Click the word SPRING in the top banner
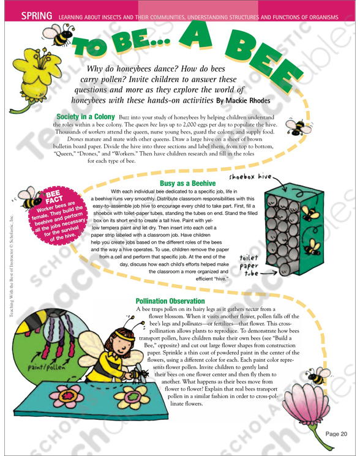tap(37, 16)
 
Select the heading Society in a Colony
tap(86, 117)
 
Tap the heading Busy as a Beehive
tap(187, 183)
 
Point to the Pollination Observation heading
tap(170, 301)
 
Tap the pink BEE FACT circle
tap(58, 215)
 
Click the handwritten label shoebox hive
tap(250, 176)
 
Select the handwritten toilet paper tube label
tap(249, 265)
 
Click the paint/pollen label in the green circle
tap(47, 367)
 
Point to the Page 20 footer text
tap(336, 434)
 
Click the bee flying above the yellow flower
tap(59, 35)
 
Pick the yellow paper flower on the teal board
tap(132, 397)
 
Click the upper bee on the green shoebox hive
tap(310, 214)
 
